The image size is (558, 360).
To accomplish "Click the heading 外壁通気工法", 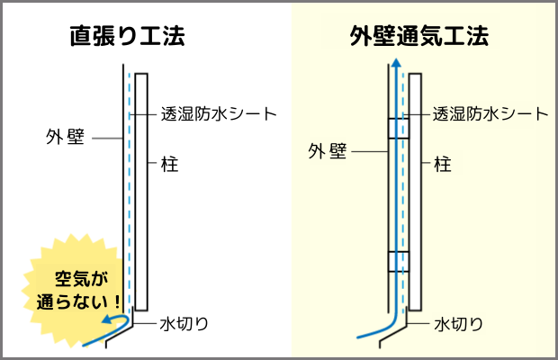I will click(x=418, y=37).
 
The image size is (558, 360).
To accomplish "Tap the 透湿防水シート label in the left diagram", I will click(x=218, y=114).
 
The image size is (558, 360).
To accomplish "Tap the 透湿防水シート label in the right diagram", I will click(x=490, y=114).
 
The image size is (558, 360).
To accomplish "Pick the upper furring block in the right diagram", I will click(x=398, y=128).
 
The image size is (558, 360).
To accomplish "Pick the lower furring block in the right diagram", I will click(x=398, y=261).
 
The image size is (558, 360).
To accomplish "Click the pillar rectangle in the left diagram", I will click(x=141, y=189).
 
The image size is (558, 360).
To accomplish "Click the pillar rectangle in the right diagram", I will click(x=415, y=189).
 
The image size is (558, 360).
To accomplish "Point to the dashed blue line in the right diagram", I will click(x=403, y=198).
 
